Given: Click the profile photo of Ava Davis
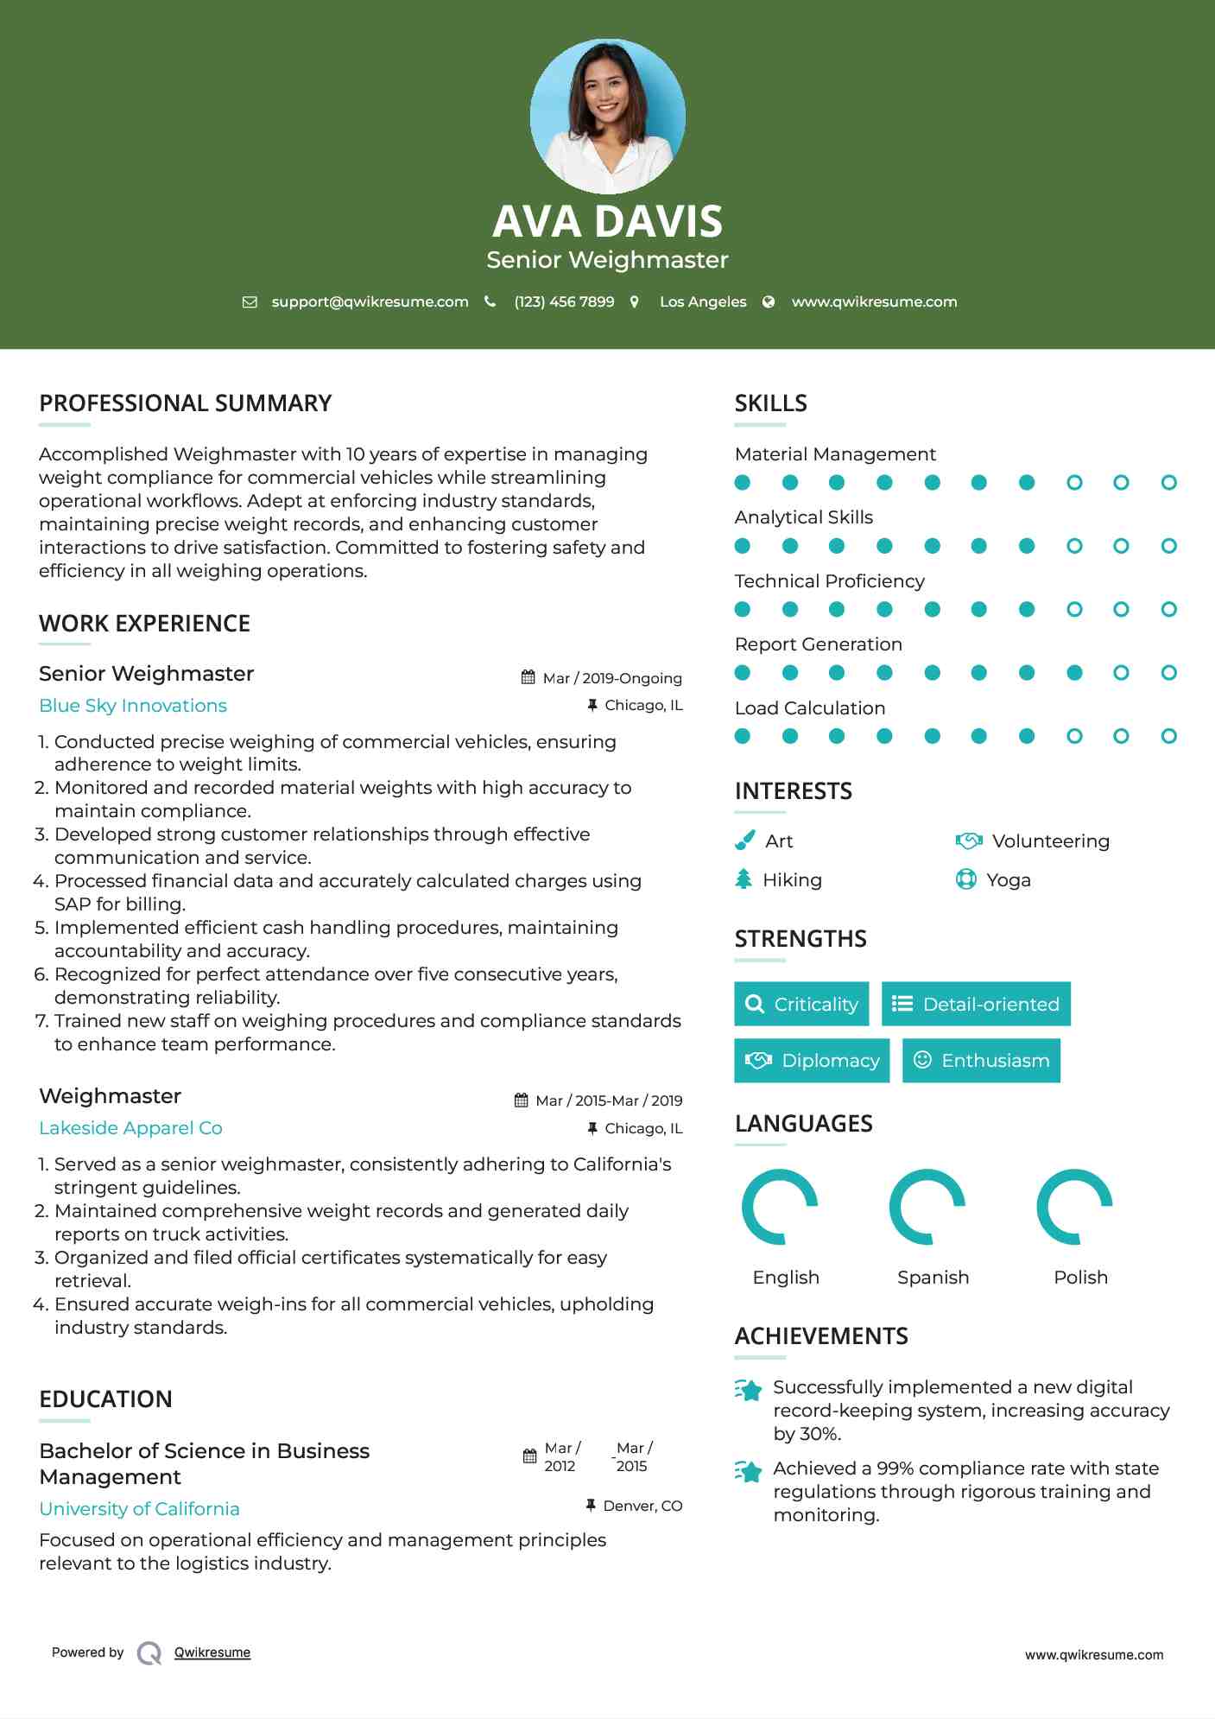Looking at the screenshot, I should click(607, 116).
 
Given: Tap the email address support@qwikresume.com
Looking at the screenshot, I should click(370, 301).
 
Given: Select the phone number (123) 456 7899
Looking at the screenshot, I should click(564, 301).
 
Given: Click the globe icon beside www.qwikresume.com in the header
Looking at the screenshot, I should click(769, 301).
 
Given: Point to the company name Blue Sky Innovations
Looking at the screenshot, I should click(133, 706).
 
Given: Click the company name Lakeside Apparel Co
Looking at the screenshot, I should click(130, 1128).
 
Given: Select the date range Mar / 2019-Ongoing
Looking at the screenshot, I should click(611, 678).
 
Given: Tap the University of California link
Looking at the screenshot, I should click(139, 1509).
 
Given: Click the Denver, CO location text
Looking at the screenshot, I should click(642, 1506).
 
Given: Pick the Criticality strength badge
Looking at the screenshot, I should click(801, 1004).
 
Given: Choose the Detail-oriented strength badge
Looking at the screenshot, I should click(976, 1004).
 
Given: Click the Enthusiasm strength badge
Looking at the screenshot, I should click(981, 1060).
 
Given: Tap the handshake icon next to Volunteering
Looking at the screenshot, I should click(969, 840).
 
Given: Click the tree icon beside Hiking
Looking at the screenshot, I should click(744, 879).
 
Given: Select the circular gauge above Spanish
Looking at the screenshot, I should click(927, 1207).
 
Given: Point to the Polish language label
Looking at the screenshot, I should click(1080, 1277).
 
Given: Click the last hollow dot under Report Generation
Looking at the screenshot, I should click(1168, 673).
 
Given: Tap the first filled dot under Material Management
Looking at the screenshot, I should click(743, 483).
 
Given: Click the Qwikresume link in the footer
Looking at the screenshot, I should click(212, 1652).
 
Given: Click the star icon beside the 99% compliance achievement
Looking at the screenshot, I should click(749, 1470).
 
